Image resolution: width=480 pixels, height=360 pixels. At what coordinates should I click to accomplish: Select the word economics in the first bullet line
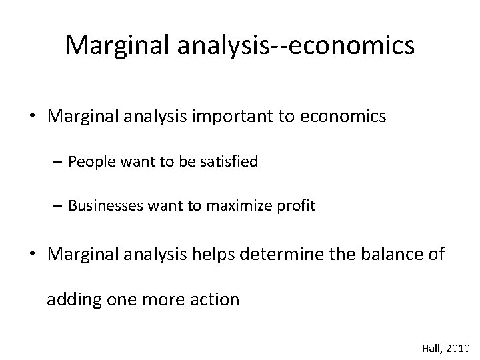click(x=348, y=117)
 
